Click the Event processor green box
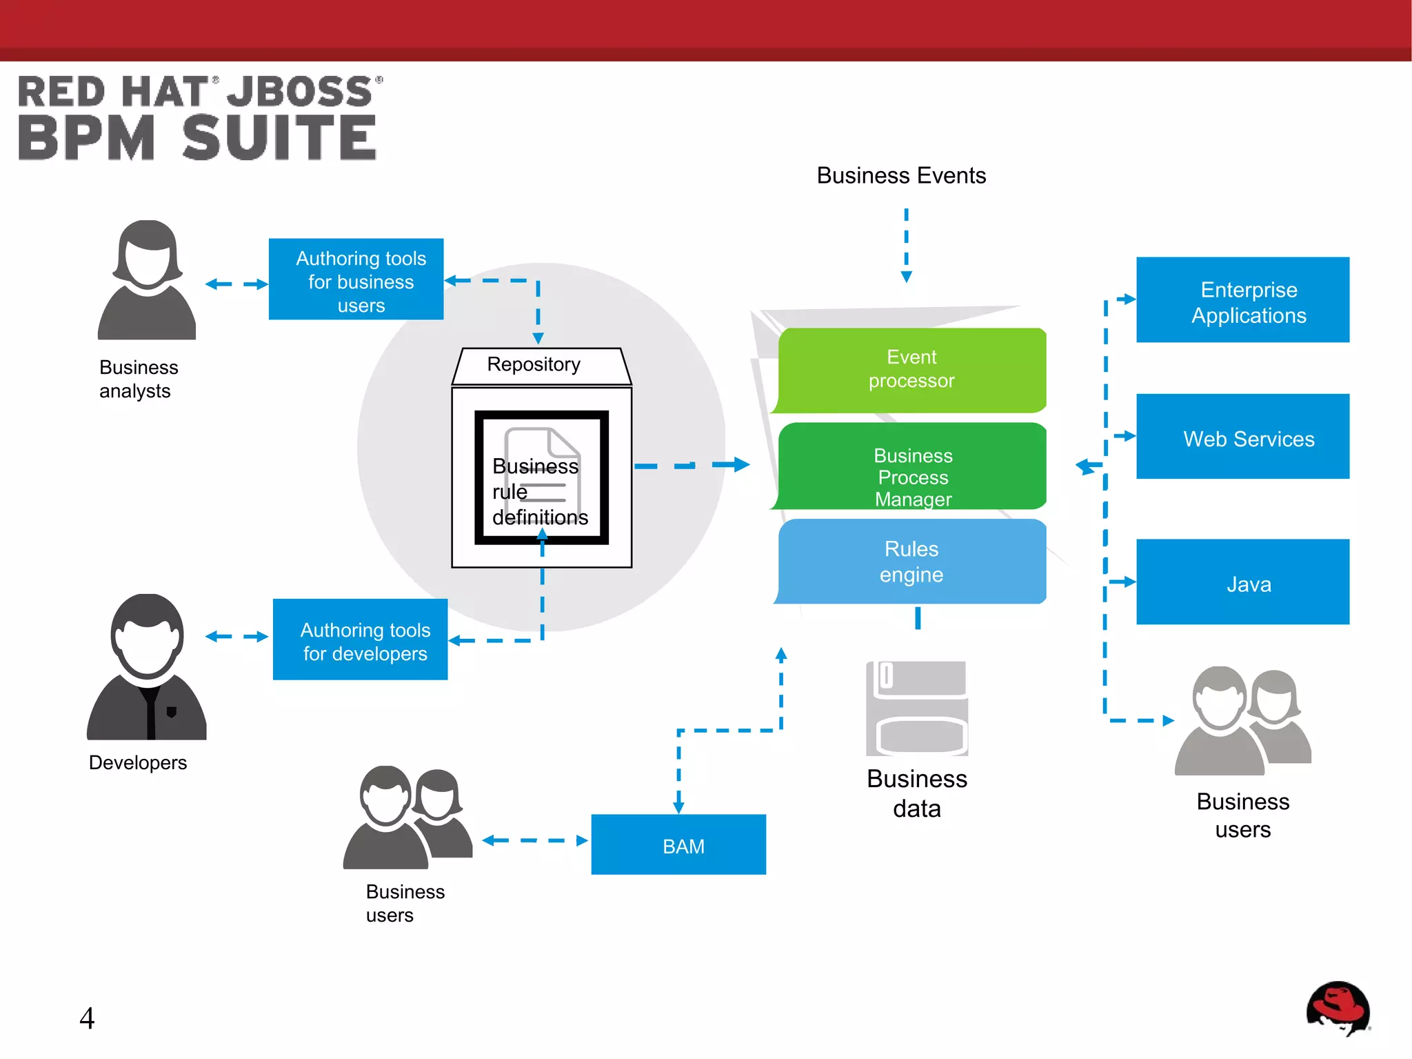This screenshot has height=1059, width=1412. pos(911,370)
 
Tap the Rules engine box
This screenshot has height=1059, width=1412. pos(911,562)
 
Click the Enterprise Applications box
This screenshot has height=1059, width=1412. pos(1242,301)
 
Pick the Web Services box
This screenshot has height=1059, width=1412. pos(1242,437)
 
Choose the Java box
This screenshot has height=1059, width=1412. pos(1242,583)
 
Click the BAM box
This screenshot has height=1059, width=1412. pos(678,845)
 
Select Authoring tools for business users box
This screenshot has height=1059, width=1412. pos(356,280)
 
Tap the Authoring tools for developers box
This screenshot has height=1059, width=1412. pos(361,640)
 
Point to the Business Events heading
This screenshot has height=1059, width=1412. pos(901,176)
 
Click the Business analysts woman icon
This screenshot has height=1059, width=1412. pos(147,281)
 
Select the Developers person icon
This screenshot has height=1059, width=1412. pos(147,667)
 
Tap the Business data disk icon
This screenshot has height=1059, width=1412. pos(917,709)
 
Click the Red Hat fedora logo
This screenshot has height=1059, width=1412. pos(1338,1008)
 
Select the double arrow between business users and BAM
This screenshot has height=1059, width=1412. pos(534,840)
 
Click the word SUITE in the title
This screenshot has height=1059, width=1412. pos(279,138)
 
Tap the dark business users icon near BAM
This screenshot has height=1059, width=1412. pos(407,818)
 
